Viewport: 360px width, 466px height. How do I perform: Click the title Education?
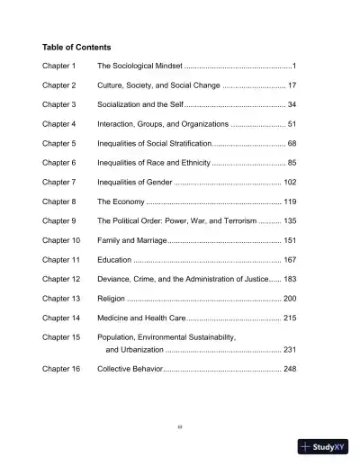click(x=114, y=260)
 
